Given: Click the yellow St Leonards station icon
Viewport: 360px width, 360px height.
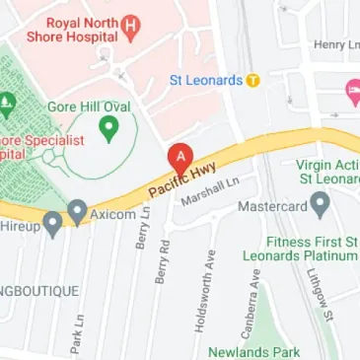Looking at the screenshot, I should point(253,80).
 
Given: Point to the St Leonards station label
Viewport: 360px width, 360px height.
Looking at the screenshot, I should point(205,80).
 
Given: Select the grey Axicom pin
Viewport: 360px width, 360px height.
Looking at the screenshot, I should point(77,209).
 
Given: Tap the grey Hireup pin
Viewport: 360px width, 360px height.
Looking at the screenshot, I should point(52,222).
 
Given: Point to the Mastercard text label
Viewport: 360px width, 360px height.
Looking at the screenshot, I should point(272,208).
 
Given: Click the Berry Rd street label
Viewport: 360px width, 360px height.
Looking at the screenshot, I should point(163,260).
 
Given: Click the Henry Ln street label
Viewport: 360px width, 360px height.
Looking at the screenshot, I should point(335,44).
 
